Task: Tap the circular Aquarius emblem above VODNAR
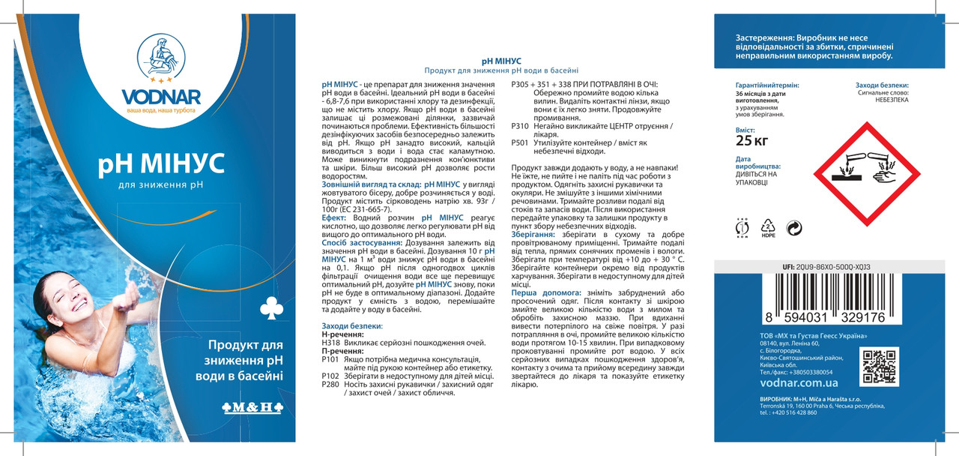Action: point(158,58)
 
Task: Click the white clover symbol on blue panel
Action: point(267,307)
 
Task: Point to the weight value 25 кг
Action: point(752,140)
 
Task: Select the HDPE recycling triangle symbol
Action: point(768,226)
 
